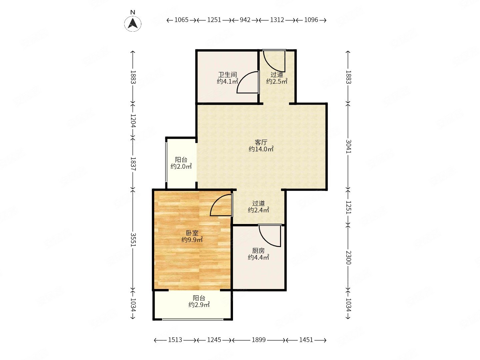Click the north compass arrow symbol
click(133, 24)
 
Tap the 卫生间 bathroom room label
click(227, 75)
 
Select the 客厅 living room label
click(261, 143)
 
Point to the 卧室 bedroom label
click(192, 233)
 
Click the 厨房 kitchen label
click(258, 250)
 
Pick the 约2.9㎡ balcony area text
click(199, 305)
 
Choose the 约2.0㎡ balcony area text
click(181, 167)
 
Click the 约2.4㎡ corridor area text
click(258, 210)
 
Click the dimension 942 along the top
click(245, 20)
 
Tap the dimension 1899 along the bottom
click(258, 340)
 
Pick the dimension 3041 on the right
click(348, 146)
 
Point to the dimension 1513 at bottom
click(175, 340)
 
